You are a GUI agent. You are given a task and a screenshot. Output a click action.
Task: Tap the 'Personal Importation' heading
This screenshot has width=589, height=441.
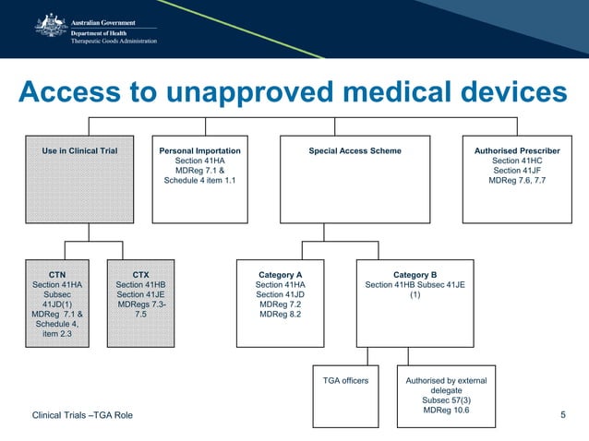[199, 150]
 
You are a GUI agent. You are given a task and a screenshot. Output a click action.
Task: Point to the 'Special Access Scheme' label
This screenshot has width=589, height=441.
[355, 150]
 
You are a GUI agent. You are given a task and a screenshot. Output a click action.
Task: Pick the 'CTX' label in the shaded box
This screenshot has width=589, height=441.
[141, 275]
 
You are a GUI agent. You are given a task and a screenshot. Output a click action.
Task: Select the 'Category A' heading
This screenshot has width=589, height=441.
[282, 275]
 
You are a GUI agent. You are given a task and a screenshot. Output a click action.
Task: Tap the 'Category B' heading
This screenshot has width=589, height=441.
[415, 275]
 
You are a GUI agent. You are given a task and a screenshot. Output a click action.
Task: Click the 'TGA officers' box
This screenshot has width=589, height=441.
[345, 380]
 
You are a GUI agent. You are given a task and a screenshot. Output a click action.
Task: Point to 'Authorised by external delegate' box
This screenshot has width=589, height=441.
[446, 385]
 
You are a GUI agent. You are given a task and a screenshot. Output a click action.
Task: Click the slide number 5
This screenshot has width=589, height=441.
[563, 417]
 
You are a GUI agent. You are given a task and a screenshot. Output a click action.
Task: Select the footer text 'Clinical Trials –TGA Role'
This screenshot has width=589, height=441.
[82, 417]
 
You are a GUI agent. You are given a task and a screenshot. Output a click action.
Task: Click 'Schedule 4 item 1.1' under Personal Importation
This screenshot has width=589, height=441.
[199, 181]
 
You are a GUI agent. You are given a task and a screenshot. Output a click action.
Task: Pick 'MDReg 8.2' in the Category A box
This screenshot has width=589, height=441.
[282, 315]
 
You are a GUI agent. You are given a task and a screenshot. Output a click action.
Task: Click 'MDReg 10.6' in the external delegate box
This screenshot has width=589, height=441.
[446, 411]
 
